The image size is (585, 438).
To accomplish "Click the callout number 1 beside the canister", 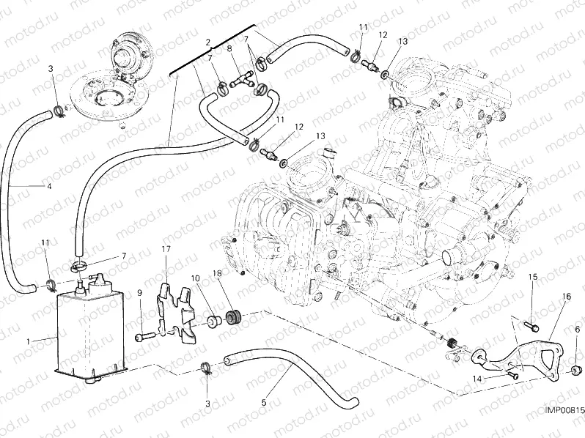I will click(29, 341).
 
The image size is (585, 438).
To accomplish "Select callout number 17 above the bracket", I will click(166, 250).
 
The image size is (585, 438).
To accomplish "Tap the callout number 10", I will click(195, 278).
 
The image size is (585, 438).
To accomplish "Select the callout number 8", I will click(229, 49).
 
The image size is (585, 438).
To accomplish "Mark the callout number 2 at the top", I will click(208, 42).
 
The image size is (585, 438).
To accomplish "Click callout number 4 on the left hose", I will click(49, 187).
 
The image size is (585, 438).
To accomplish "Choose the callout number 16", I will click(566, 296).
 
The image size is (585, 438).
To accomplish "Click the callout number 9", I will click(139, 294).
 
